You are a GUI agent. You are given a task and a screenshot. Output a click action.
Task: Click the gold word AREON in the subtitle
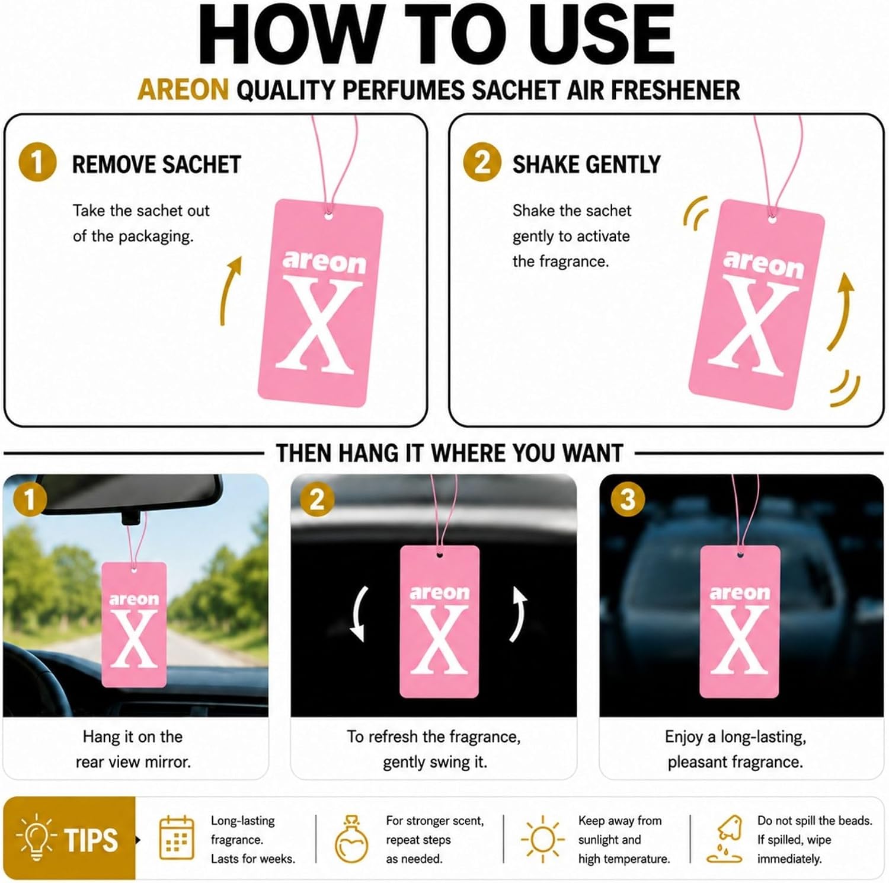[x=183, y=91]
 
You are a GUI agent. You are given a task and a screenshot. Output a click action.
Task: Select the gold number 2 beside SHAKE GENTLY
[x=482, y=162]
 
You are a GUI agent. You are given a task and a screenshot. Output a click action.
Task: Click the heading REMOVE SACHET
[x=156, y=164]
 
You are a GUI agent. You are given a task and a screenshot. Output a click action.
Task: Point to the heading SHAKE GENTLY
[x=586, y=164]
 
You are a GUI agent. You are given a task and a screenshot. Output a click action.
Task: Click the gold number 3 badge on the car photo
[x=628, y=500]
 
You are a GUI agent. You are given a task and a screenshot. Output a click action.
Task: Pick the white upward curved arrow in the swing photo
[x=518, y=614]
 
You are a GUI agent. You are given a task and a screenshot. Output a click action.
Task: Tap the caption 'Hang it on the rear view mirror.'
[x=133, y=749]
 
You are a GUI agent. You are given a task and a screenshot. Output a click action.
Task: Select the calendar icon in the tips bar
[x=177, y=837]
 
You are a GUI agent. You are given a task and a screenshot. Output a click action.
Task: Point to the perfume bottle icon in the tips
[x=352, y=839]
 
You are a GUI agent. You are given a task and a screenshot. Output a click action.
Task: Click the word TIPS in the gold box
[x=91, y=840]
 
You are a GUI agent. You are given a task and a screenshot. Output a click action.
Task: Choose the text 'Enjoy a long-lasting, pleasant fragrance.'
[x=735, y=749]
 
